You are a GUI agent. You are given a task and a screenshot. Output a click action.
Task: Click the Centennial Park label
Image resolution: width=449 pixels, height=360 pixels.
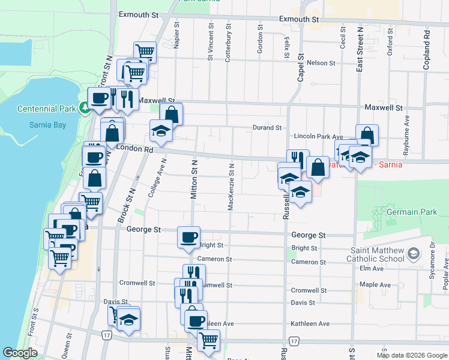47,109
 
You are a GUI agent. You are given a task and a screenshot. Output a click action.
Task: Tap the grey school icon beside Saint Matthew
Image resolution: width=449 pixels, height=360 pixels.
413,254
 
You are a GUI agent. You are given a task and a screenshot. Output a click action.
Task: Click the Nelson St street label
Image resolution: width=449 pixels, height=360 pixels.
321,63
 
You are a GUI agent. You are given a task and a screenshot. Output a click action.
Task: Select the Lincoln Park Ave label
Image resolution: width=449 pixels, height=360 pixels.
318,137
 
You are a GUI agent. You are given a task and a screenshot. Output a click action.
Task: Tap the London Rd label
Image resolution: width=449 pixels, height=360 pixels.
136,149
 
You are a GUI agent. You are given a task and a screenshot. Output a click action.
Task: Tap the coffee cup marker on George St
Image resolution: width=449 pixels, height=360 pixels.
189,237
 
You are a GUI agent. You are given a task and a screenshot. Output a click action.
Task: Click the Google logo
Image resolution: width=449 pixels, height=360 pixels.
20,353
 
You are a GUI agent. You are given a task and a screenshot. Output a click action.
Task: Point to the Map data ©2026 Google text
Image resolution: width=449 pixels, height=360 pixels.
411,355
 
